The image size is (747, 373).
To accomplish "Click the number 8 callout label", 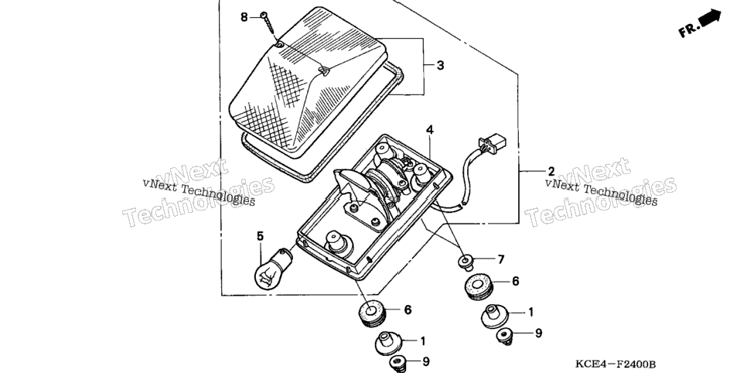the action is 244,18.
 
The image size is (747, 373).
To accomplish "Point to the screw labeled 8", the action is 268,23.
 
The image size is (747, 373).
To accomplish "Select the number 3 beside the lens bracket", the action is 440,65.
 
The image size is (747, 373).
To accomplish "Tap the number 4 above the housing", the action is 430,129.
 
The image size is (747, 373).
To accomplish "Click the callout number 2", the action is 551,171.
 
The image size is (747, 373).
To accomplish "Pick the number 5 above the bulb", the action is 260,236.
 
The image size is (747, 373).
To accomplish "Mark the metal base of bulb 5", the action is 286,255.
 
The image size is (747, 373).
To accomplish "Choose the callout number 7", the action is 500,260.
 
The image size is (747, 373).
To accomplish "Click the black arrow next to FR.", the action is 710,17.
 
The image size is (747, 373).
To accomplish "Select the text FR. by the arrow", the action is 688,29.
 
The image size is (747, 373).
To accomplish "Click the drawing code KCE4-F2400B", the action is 616,364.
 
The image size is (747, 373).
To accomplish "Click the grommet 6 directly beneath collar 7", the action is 478,286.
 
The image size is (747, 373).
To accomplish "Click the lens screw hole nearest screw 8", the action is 280,45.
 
